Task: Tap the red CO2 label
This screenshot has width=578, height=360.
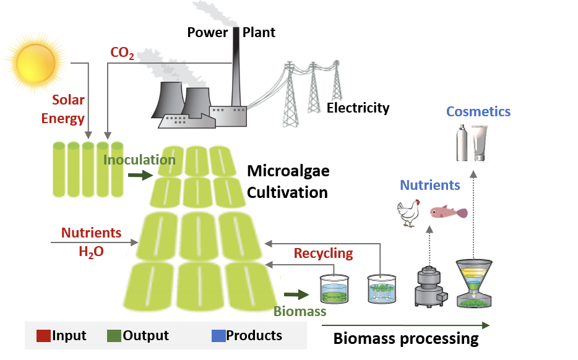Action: pyautogui.click(x=122, y=53)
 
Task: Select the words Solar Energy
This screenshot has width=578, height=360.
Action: pyautogui.click(x=64, y=109)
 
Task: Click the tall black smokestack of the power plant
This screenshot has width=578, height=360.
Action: pyautogui.click(x=236, y=68)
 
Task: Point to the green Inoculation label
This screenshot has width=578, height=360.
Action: pyautogui.click(x=139, y=160)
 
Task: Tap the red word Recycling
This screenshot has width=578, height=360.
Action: pyautogui.click(x=323, y=253)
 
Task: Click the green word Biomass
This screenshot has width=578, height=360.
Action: pyautogui.click(x=300, y=311)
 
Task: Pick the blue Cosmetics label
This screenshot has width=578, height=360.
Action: pyautogui.click(x=478, y=112)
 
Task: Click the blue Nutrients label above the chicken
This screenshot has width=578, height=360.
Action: pyautogui.click(x=429, y=185)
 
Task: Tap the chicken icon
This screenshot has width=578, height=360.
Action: pyautogui.click(x=408, y=212)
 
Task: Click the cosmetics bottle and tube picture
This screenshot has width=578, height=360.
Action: pyautogui.click(x=472, y=142)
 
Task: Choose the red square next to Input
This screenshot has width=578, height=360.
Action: pyautogui.click(x=43, y=336)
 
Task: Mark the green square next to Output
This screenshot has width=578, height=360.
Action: pyautogui.click(x=114, y=336)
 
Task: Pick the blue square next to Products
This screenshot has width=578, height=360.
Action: pyautogui.click(x=218, y=336)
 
